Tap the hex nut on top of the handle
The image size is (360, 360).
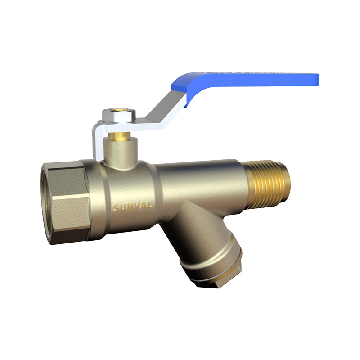pyautogui.click(x=122, y=116)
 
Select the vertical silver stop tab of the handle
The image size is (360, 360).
pyautogui.click(x=97, y=139)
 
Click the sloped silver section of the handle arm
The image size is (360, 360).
pyautogui.click(x=162, y=108)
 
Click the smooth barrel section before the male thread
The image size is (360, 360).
pyautogui.click(x=202, y=180)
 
